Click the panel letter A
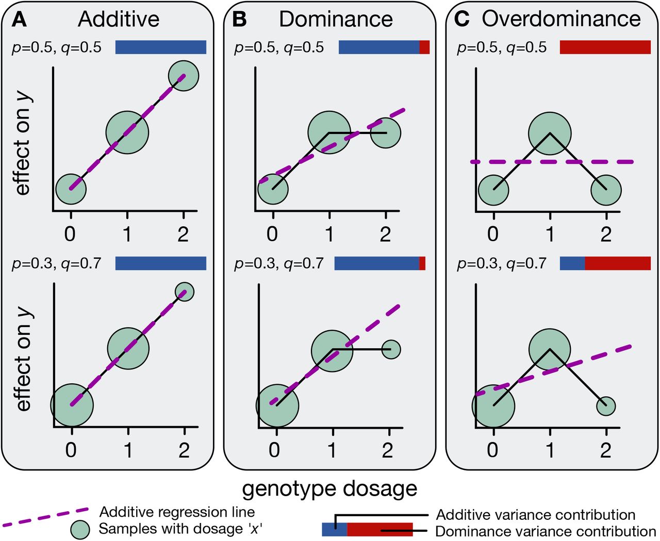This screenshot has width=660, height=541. coord(19,20)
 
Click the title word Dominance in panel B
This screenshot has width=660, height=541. coord(336,20)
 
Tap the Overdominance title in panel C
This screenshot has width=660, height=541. coord(561,19)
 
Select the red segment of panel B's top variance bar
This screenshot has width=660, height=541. coord(424,47)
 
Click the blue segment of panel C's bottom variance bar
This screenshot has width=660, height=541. coord(572,264)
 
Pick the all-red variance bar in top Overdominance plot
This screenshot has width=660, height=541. coord(605,47)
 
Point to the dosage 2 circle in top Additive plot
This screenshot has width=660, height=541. coord(184,76)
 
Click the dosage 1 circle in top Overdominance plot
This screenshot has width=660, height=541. coord(550,133)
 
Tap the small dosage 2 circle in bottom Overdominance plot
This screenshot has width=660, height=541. coord(606,406)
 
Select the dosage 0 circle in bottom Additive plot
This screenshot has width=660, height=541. coord(72,405)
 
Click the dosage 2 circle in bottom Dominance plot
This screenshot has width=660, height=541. coord(391,349)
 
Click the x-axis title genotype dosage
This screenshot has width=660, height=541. coord(329,488)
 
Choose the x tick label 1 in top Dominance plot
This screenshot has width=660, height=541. coord(328,234)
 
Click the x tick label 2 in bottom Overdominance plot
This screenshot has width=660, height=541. coord(605,450)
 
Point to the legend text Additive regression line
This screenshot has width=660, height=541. coord(177,512)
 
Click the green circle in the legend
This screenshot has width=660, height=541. coord(80,530)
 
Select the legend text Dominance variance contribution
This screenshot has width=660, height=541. coord(546,531)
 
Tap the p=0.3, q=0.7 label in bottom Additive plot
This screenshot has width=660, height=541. coord(57,264)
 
